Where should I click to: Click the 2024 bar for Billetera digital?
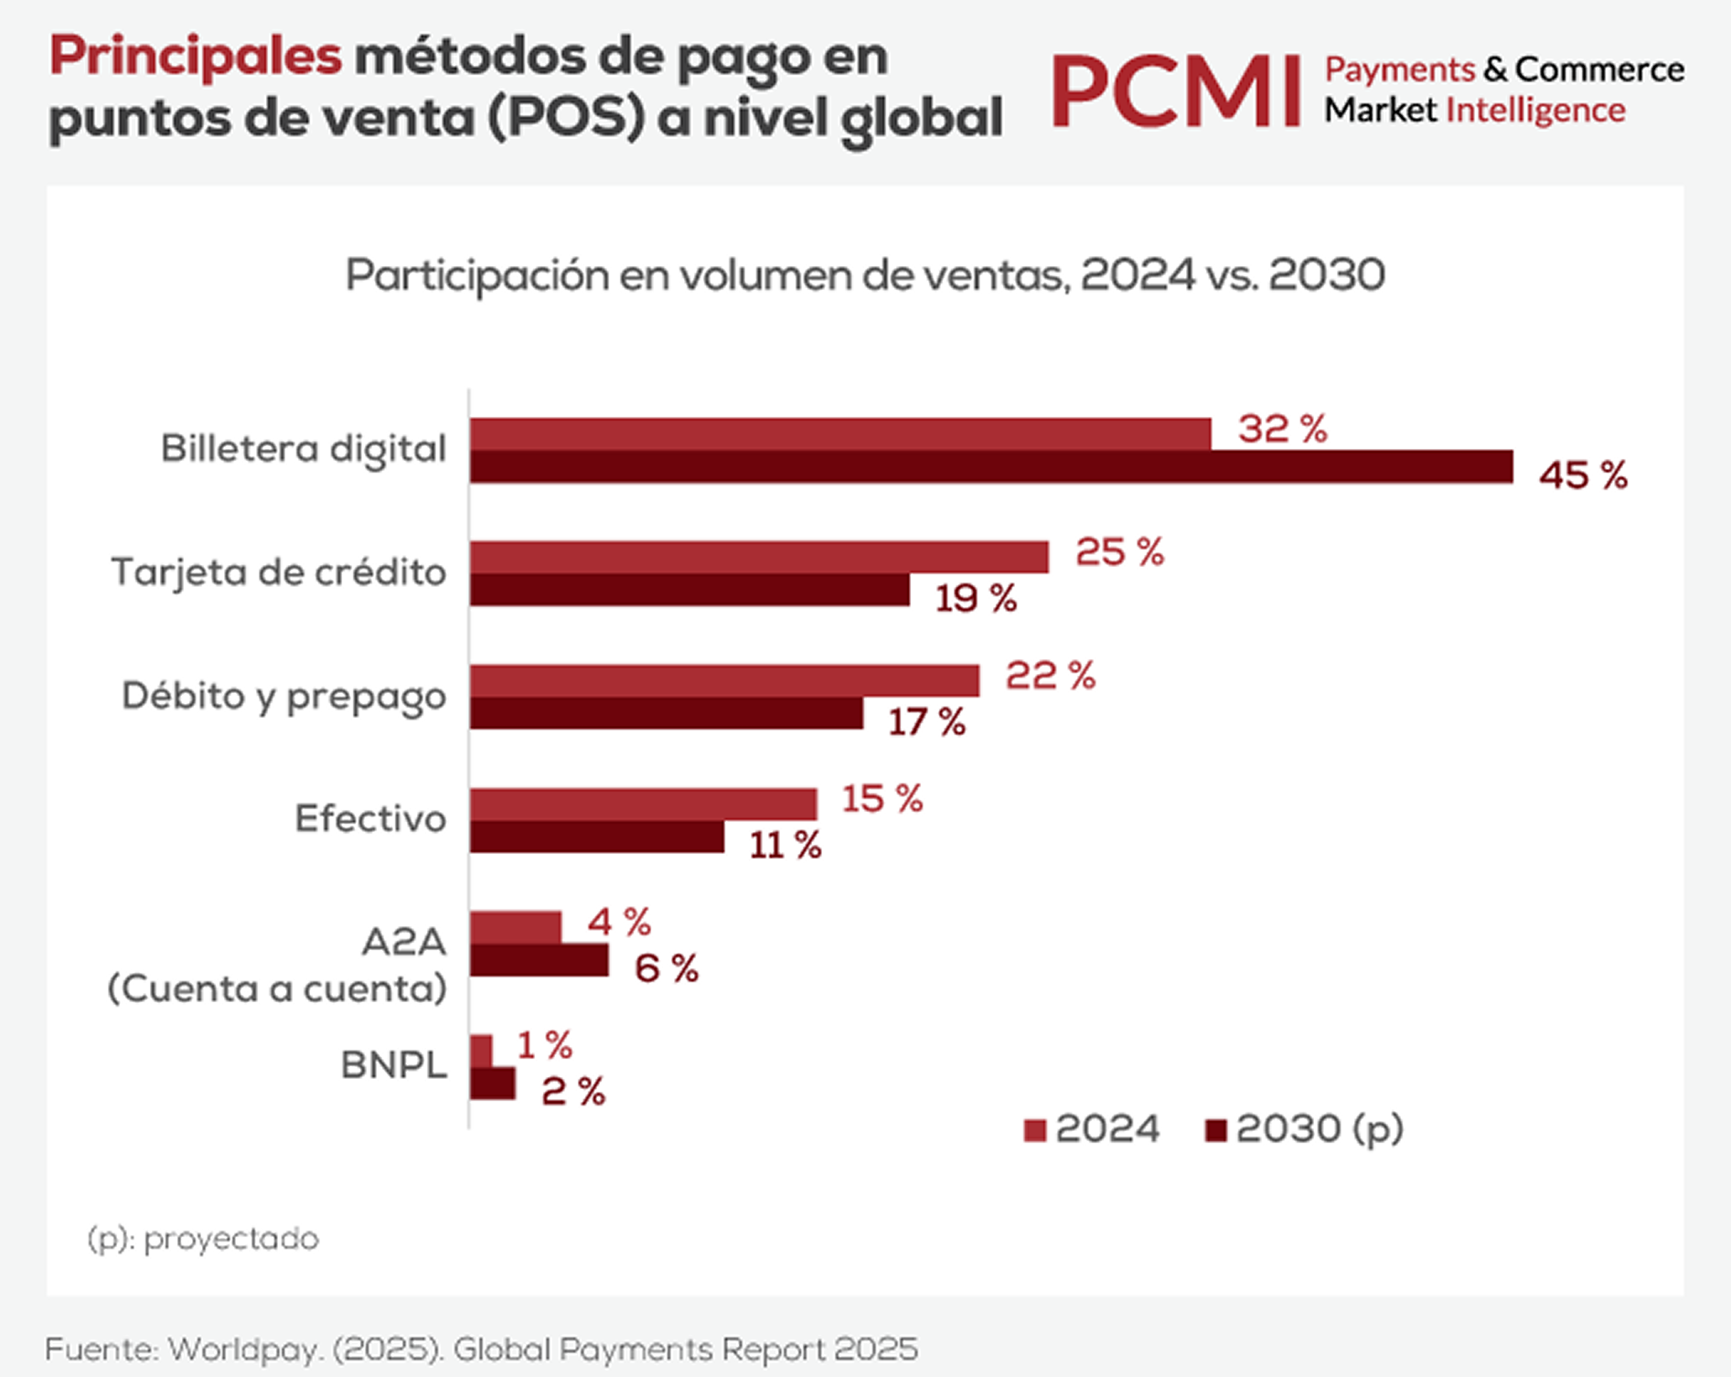[x=840, y=434]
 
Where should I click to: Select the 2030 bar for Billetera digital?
[x=991, y=466]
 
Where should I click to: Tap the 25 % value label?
[x=1119, y=552]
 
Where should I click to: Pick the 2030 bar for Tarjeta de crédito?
[x=689, y=590]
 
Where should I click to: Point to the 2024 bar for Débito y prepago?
[x=724, y=681]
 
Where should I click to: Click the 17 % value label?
[x=926, y=722]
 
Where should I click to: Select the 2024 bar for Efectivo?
[x=643, y=805]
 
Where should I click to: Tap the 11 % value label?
[x=785, y=846]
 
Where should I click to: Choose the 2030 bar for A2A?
[x=539, y=960]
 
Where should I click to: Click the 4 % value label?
[x=619, y=922]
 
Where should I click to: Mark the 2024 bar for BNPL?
[x=481, y=1051]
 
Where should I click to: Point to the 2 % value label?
[x=573, y=1092]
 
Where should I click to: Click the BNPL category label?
[x=394, y=1065]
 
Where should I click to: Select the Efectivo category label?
[x=370, y=818]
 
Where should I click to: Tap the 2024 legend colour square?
[x=1034, y=1131]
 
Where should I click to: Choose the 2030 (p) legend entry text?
[x=1320, y=1130]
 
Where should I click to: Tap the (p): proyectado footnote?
[x=203, y=1239]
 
